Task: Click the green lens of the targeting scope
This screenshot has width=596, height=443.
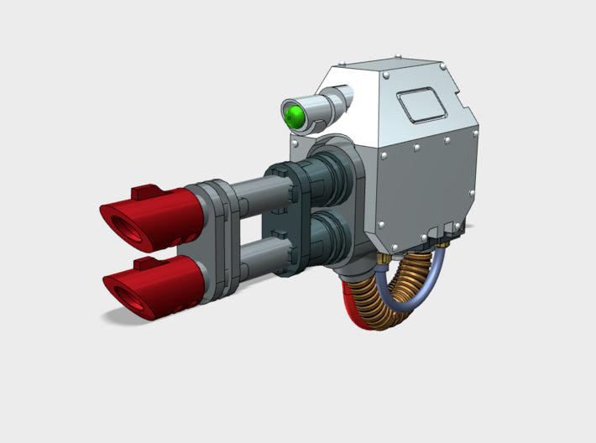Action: pos(295,116)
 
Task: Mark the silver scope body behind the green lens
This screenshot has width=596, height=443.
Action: pos(322,108)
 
